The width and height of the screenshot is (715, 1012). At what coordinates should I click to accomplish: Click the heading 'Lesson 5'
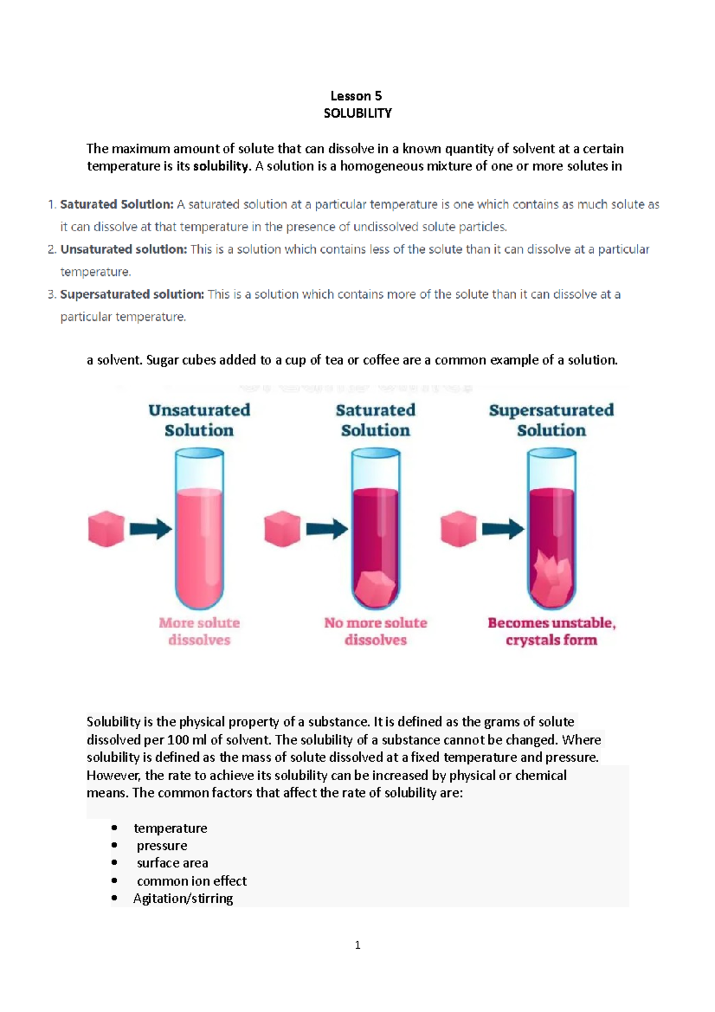(x=356, y=96)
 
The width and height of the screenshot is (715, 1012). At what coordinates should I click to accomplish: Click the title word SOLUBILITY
(x=357, y=113)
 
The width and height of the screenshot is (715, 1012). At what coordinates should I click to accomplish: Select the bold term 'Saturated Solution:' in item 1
(x=117, y=204)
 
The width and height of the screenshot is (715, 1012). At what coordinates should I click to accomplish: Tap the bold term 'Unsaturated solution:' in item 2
(x=123, y=249)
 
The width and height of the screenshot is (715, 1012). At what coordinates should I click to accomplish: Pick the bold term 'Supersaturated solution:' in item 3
(x=132, y=294)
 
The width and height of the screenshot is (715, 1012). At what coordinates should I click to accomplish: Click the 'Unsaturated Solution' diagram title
(x=199, y=420)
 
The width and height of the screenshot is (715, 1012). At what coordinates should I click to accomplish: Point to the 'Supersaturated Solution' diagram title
(x=551, y=420)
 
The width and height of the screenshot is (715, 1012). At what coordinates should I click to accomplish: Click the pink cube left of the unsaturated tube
(x=106, y=528)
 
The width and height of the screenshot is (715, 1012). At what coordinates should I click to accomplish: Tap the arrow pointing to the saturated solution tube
(x=327, y=529)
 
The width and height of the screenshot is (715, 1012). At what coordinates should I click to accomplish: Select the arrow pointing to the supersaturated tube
(x=503, y=529)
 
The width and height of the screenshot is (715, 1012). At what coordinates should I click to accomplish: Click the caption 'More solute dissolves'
(x=199, y=631)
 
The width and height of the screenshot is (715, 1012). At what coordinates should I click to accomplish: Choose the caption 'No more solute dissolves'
(x=375, y=631)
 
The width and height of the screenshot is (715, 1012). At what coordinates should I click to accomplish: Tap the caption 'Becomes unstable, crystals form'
(x=552, y=631)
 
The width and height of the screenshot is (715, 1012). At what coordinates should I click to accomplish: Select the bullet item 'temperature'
(x=170, y=828)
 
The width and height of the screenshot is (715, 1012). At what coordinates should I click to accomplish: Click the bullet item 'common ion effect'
(x=191, y=881)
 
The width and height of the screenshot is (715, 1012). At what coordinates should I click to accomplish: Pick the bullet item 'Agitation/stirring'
(x=183, y=898)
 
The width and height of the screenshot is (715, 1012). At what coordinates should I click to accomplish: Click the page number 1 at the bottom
(x=357, y=945)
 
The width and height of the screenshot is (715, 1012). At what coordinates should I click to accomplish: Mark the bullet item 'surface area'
(x=172, y=863)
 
